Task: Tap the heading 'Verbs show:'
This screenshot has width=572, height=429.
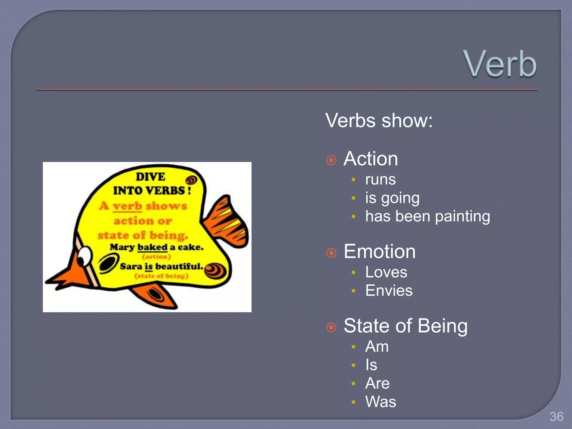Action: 379,121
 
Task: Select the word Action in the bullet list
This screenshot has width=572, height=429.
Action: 371,159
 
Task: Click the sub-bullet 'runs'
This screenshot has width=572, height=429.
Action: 380,180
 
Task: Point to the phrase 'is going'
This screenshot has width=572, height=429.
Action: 392,198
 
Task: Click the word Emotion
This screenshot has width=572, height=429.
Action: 380,251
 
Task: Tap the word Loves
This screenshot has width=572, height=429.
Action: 386,272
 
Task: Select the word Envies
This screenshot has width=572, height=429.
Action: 389,290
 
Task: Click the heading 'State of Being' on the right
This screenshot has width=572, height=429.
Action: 406,326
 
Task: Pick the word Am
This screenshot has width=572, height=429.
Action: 377,347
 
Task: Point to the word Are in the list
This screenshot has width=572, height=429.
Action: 377,383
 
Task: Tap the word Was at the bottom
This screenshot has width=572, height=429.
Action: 381,402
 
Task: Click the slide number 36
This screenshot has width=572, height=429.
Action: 556,417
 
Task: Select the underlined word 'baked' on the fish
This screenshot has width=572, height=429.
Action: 152,247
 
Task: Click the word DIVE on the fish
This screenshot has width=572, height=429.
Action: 151,177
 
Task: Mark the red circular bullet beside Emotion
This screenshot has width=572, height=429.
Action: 331,253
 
